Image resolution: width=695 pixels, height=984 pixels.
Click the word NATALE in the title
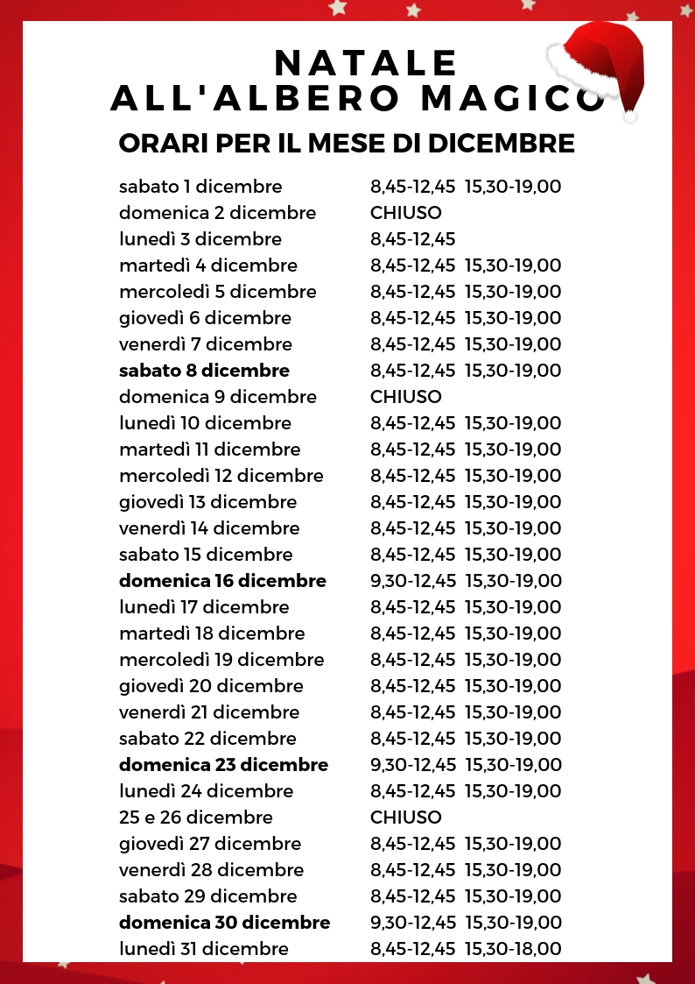tap(366, 63)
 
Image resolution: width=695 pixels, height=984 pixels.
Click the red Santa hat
tap(604, 61)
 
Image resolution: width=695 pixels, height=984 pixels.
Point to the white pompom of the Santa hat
tap(629, 114)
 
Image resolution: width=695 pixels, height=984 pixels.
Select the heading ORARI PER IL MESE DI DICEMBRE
tap(347, 143)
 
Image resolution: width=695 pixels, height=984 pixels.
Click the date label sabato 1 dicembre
tap(200, 187)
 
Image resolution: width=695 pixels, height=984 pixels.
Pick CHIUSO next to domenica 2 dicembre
tap(406, 213)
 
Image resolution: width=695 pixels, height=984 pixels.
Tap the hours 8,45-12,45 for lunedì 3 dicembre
tap(413, 239)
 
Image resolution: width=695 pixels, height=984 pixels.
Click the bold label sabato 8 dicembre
tap(204, 371)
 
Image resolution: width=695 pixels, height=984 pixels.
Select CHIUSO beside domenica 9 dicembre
tap(406, 397)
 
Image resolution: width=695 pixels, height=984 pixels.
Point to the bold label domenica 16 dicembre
tap(222, 581)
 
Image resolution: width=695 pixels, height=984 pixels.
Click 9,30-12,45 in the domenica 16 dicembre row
tap(413, 581)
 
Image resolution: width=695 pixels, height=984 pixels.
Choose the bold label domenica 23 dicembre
tap(223, 765)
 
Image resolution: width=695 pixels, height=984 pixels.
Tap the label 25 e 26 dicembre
tap(196, 818)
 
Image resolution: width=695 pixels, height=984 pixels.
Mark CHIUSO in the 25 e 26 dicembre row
tap(406, 818)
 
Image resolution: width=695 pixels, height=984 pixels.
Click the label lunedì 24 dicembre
tap(207, 791)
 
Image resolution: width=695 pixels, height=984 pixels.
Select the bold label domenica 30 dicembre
tap(225, 923)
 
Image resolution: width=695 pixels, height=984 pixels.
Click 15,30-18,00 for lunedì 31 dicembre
tap(513, 949)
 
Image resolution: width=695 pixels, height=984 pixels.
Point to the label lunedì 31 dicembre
tap(204, 949)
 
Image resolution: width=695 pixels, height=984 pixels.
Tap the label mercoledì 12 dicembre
tap(221, 476)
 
